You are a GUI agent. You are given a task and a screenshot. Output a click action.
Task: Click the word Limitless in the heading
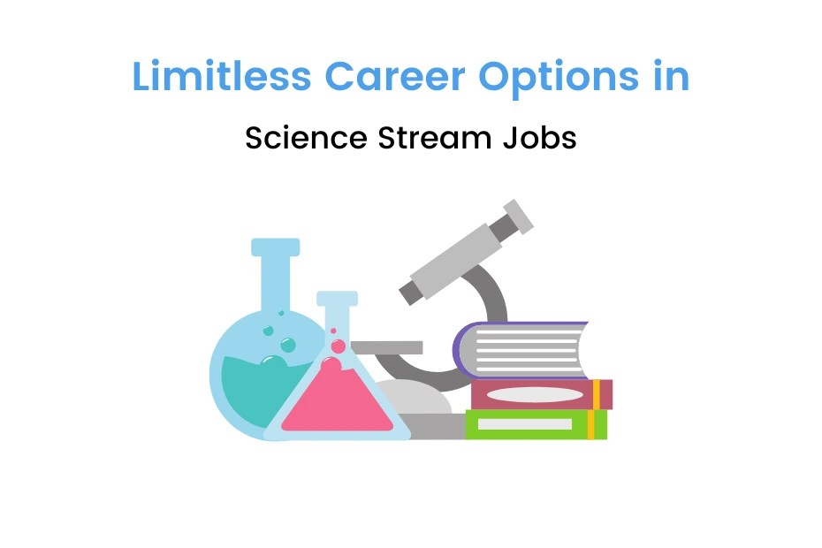222,77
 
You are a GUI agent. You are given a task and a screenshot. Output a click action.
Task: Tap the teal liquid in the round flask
243,380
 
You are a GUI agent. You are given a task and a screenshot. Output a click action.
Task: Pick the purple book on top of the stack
521,349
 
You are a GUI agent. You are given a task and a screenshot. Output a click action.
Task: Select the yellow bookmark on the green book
591,424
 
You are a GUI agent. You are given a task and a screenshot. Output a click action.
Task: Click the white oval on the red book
536,394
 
